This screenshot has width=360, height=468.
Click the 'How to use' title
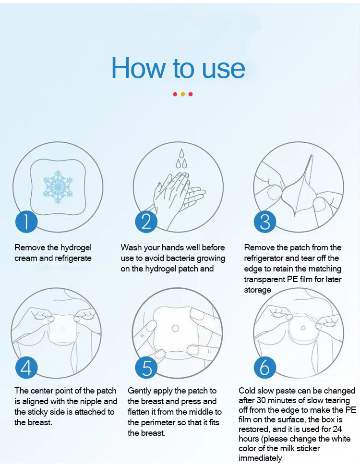coord(178,68)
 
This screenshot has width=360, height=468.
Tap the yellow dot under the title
coord(182,94)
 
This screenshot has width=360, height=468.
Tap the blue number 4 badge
coord(26,368)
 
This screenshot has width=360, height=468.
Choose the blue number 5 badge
coord(146,368)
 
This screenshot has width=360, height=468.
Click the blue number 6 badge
coord(264,368)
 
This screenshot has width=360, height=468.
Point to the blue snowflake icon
coord(58,186)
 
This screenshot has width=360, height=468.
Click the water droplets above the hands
coord(181,159)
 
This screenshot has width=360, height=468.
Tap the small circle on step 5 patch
coord(175,328)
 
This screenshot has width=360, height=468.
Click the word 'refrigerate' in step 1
coord(72,259)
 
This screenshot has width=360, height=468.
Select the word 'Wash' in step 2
coord(131,248)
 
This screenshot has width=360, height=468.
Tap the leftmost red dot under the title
coord(175,94)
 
